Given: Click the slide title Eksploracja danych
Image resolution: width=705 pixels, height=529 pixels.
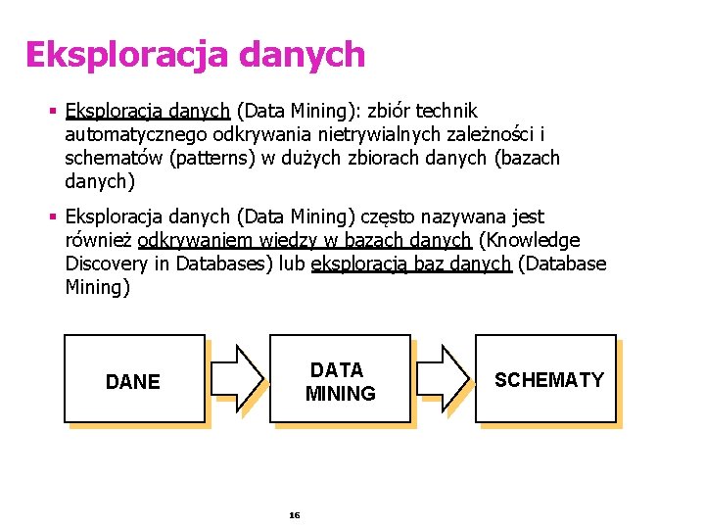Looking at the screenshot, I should pos(195,55).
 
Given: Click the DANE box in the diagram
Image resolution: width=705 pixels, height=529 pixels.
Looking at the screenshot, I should pos(133,381).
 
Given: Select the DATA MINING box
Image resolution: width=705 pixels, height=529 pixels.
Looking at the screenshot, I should pos(339,381).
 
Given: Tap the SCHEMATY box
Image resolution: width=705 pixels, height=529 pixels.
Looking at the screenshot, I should pos(548,379).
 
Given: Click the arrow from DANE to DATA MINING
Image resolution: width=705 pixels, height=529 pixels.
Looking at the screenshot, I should pos(238,377).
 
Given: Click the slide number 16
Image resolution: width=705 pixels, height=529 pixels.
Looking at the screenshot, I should pos(295,514).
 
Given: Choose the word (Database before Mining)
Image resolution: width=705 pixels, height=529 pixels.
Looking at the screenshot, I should pos(561,264).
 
